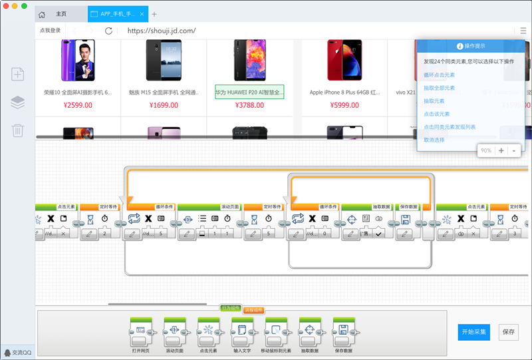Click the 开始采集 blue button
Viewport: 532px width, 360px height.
point(473,331)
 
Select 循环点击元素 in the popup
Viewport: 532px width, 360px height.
point(439,75)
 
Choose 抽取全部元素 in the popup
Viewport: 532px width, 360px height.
point(439,88)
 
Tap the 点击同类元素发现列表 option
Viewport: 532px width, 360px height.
point(450,126)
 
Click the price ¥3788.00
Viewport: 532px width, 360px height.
point(249,105)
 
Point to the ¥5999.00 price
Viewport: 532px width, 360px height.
point(344,105)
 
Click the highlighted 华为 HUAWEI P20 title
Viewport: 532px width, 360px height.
point(249,92)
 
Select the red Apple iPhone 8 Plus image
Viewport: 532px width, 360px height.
point(344,59)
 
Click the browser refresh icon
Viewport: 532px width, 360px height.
point(109,31)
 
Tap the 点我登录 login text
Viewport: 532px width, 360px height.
point(50,31)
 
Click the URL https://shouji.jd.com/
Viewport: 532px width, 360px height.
point(161,31)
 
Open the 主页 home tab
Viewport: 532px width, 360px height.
point(61,14)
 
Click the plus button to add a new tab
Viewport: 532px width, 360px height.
point(154,14)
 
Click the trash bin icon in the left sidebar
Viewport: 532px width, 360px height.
point(18,130)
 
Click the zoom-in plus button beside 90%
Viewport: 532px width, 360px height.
point(501,150)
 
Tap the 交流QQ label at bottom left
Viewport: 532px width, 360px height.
point(18,353)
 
